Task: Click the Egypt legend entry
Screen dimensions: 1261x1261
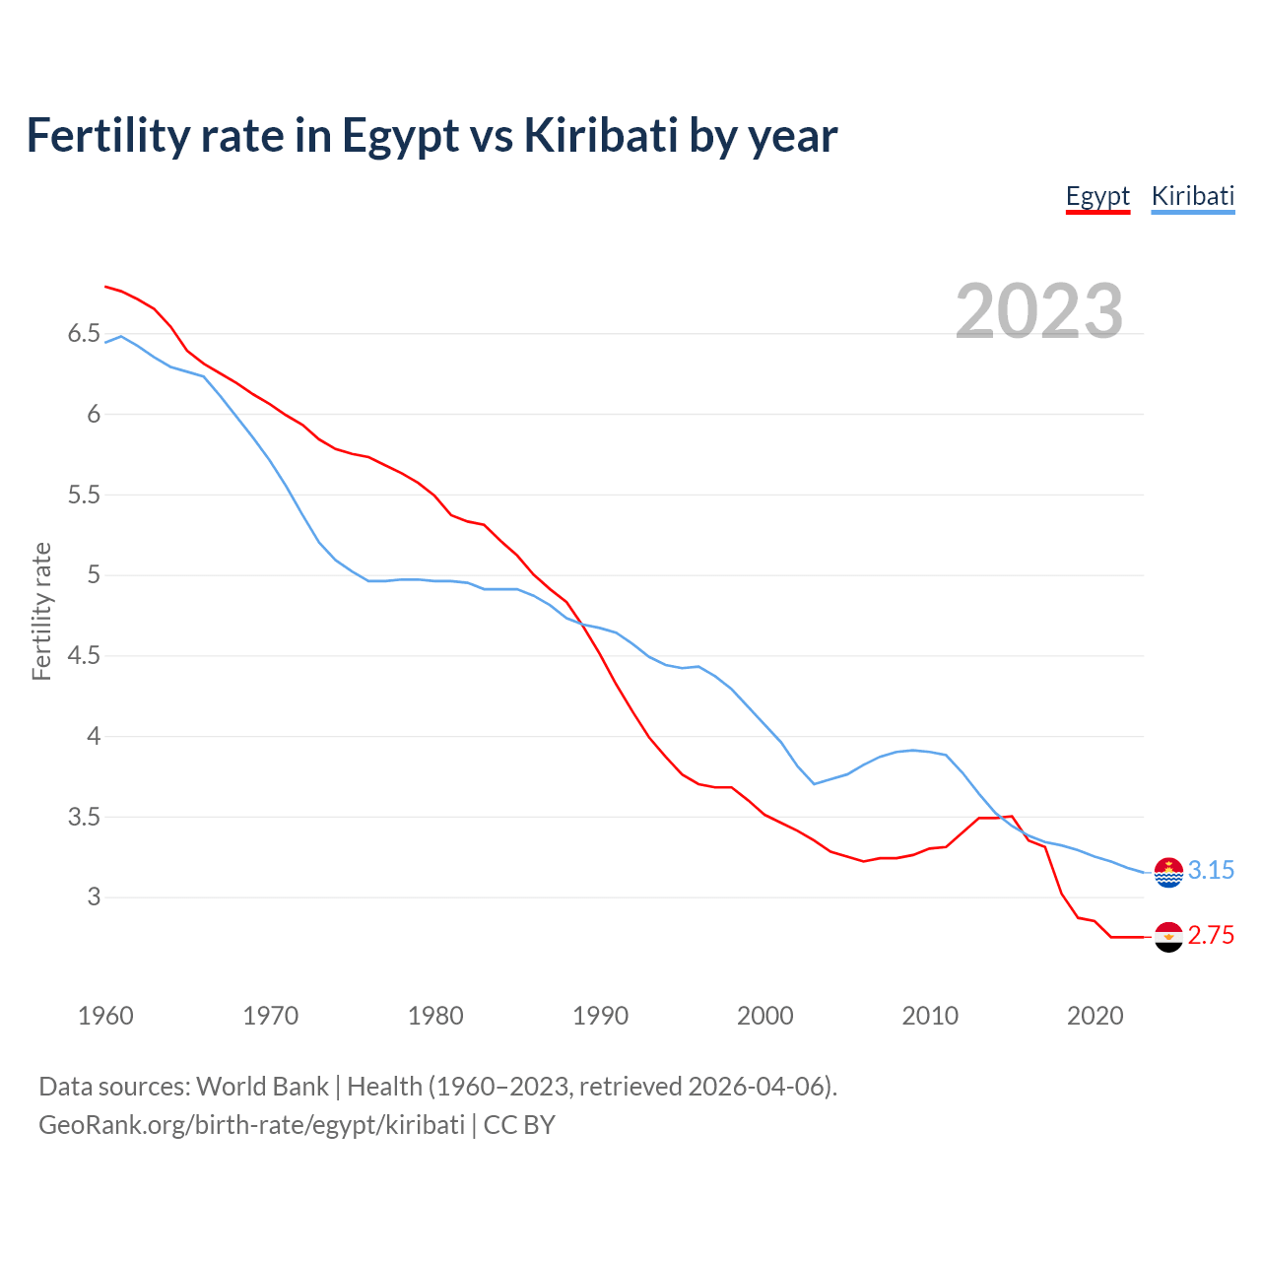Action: point(1097,196)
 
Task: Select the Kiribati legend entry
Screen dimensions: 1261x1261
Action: point(1192,196)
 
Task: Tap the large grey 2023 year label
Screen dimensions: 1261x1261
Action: point(1039,311)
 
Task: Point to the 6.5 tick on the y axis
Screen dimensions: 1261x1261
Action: point(84,334)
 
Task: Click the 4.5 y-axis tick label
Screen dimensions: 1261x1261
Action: point(84,656)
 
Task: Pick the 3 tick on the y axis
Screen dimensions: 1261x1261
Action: point(94,897)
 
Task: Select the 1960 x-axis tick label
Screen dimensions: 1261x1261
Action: point(105,1016)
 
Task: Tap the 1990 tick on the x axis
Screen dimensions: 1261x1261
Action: point(600,1016)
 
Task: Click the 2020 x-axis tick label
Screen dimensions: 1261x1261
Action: point(1095,1016)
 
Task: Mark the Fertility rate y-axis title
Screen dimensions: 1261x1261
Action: point(41,611)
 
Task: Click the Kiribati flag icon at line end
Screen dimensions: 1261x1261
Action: point(1168,872)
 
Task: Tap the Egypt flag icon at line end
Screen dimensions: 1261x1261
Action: point(1168,937)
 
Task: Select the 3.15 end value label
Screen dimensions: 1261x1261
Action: point(1211,871)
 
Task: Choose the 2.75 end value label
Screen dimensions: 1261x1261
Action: point(1211,936)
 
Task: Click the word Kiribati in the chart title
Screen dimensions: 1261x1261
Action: point(600,135)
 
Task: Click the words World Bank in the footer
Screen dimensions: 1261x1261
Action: point(262,1087)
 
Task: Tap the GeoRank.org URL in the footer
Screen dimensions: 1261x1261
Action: point(251,1125)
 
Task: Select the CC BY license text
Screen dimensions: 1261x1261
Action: point(519,1125)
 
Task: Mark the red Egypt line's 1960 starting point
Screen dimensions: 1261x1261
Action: point(105,287)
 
